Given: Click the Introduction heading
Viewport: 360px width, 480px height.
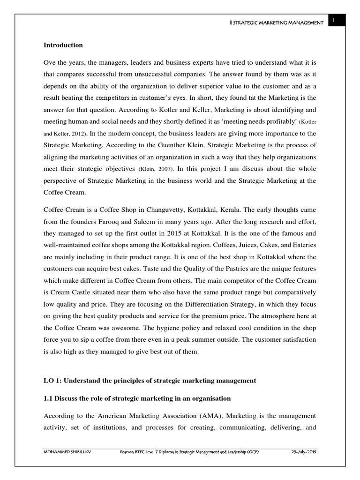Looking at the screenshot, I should (63, 45).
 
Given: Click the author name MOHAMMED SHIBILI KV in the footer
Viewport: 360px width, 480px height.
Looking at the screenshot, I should (66, 452).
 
